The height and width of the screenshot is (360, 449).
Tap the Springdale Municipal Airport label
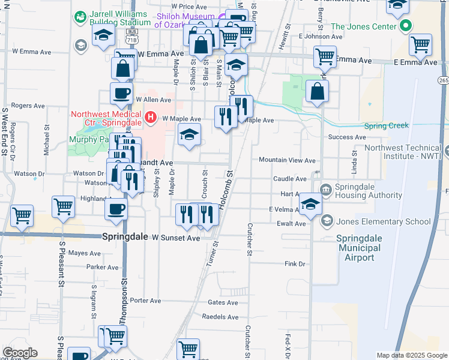(x=364, y=247)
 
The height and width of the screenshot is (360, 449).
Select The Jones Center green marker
(x=406, y=26)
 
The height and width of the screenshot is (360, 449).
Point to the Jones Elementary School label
(x=383, y=221)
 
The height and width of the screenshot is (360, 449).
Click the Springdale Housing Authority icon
(x=326, y=190)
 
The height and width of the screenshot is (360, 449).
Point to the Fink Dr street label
(x=295, y=263)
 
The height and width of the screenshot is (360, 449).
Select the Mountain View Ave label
(x=287, y=160)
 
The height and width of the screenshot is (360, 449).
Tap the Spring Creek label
(x=387, y=125)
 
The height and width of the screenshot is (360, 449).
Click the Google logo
(x=20, y=353)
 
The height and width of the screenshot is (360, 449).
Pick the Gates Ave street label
(x=222, y=303)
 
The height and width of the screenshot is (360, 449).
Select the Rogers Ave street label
(x=28, y=105)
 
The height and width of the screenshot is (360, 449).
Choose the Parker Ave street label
(x=103, y=267)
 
